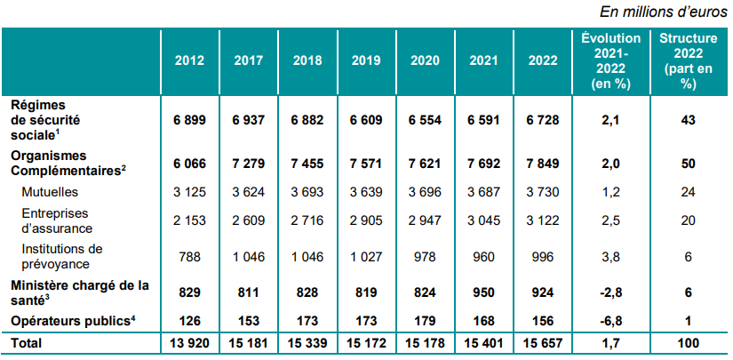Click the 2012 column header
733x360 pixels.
189,60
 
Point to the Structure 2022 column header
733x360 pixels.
686,60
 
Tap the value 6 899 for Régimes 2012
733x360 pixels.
189,120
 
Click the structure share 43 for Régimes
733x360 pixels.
686,120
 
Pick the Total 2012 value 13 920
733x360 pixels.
189,342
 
